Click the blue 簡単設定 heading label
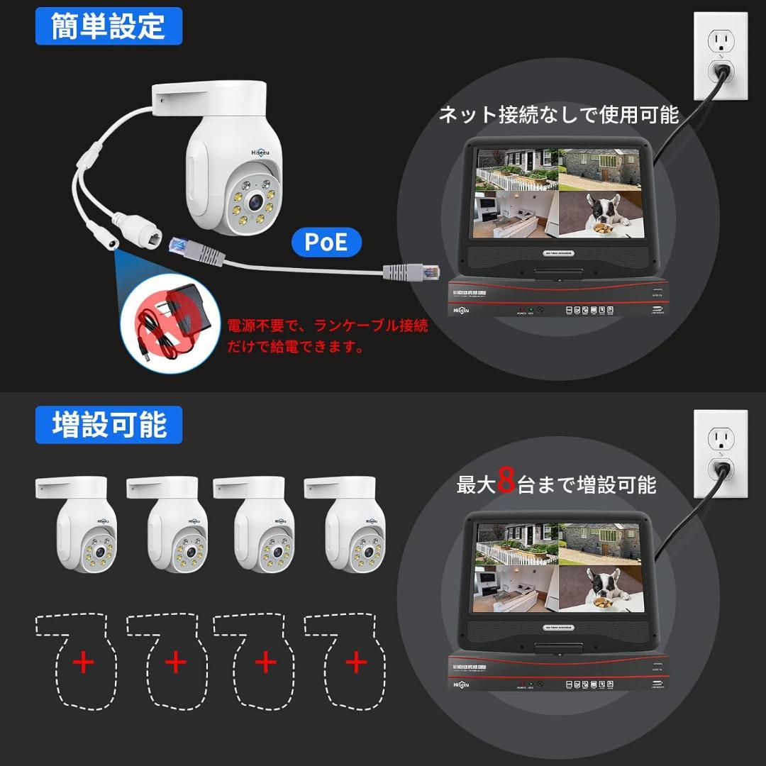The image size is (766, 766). [x=109, y=26]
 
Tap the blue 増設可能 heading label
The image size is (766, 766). [x=109, y=425]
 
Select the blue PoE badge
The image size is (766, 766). [x=326, y=243]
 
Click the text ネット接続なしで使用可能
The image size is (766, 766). [x=559, y=115]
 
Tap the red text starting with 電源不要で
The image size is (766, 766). [x=327, y=336]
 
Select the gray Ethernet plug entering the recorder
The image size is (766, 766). [x=411, y=271]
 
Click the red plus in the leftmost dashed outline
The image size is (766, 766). [x=84, y=663]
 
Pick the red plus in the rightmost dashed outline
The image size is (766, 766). [x=355, y=663]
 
